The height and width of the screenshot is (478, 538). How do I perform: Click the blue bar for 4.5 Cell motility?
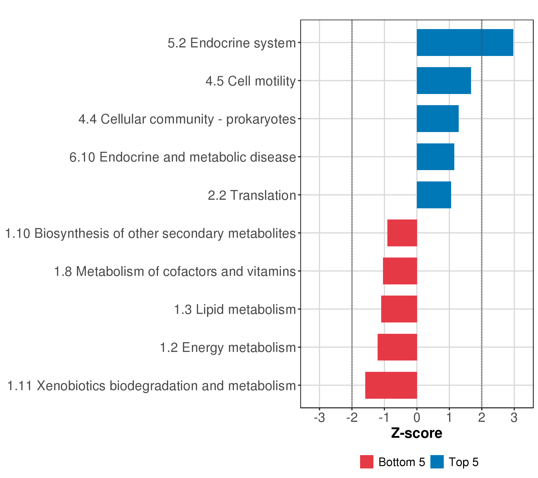tap(444, 80)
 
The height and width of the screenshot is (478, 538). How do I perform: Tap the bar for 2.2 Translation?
tap(434, 195)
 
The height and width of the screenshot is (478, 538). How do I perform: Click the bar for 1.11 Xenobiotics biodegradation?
tap(391, 385)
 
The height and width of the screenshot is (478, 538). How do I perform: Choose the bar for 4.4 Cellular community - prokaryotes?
tap(437, 119)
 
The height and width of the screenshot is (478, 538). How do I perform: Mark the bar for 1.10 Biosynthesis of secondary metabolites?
tap(402, 233)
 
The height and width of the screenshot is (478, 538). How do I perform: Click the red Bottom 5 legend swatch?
tap(366, 462)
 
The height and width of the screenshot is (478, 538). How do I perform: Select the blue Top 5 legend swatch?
tap(437, 462)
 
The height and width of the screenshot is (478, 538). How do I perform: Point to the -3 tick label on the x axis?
tap(319, 418)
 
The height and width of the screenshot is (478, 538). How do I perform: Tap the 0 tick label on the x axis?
tap(417, 418)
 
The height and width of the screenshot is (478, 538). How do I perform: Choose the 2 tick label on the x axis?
tap(481, 418)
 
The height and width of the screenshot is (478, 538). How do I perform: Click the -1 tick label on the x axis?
tap(384, 418)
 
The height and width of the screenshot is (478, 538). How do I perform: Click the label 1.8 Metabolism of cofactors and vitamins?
tap(175, 271)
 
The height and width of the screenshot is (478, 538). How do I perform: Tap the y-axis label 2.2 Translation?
tap(252, 195)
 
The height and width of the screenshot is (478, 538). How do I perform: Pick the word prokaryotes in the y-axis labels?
tap(261, 119)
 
